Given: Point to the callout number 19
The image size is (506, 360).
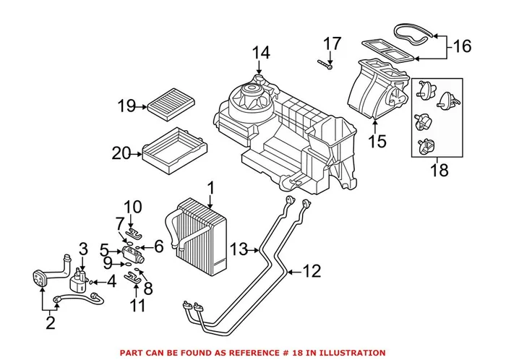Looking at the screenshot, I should (x=126, y=107).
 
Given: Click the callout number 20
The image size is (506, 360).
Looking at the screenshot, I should (x=121, y=153).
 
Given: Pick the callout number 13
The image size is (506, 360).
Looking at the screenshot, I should (x=239, y=250).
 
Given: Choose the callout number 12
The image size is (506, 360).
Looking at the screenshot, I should (x=310, y=272).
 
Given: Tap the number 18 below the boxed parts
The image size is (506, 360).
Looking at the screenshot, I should (x=439, y=171).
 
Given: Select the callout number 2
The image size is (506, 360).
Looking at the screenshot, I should (x=50, y=322).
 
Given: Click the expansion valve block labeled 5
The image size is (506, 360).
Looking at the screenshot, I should (x=133, y=253).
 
